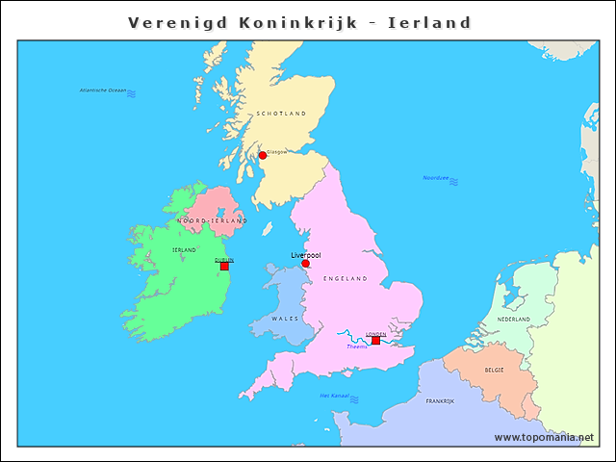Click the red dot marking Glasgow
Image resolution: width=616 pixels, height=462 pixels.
click(x=263, y=155)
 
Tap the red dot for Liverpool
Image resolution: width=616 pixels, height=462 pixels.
click(x=305, y=264)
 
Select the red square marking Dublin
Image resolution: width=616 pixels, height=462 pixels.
click(x=224, y=266)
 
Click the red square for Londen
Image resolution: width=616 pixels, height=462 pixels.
click(x=375, y=340)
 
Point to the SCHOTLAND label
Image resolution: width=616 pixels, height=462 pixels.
click(x=281, y=114)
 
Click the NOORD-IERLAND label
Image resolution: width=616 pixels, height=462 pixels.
click(x=212, y=220)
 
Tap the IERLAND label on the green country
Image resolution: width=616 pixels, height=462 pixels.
click(x=184, y=249)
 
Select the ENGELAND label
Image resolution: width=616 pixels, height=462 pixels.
click(x=346, y=278)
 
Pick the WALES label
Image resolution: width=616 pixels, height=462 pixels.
click(x=285, y=318)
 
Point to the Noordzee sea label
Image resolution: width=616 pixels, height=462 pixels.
click(x=436, y=178)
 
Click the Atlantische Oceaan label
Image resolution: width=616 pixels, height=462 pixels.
click(x=103, y=90)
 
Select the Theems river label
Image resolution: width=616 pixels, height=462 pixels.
click(x=357, y=346)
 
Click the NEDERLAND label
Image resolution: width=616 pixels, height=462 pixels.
click(x=513, y=319)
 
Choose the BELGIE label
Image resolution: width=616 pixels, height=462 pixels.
click(x=494, y=370)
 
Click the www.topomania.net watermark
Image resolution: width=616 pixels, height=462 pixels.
click(x=544, y=437)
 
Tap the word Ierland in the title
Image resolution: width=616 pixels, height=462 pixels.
click(x=429, y=22)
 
